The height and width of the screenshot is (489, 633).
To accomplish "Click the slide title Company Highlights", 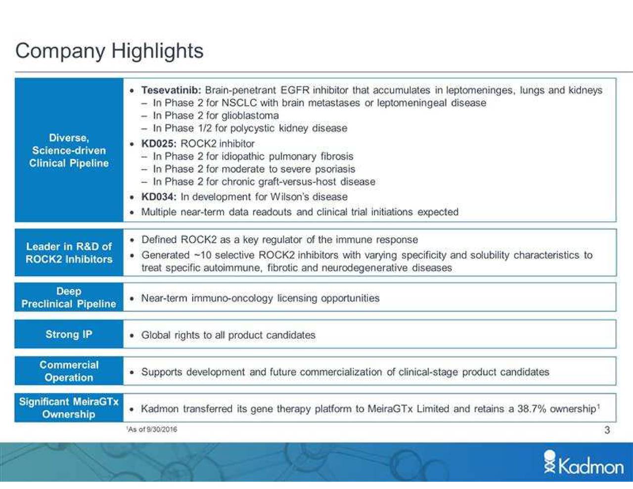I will click(x=109, y=51).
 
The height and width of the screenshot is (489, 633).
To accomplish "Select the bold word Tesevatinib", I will click(x=170, y=90).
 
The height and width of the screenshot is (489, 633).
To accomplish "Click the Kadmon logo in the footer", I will click(x=584, y=464).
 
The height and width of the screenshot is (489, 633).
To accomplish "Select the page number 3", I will click(x=607, y=430).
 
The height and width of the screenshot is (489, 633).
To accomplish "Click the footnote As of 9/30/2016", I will click(x=152, y=429).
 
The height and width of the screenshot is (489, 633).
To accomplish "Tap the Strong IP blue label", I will click(x=69, y=334).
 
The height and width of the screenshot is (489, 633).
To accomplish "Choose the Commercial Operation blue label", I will click(x=69, y=371).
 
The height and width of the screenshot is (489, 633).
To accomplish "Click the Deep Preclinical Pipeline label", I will click(x=69, y=298).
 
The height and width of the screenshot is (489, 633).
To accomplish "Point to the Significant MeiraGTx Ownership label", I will click(x=69, y=408).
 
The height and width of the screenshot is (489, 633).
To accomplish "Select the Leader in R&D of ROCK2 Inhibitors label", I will click(x=69, y=253).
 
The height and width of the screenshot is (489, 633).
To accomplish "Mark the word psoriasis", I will click(x=335, y=169).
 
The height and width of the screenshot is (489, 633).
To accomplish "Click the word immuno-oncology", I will click(x=232, y=298).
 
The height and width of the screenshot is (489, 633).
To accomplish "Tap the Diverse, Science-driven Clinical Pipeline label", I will click(x=69, y=150).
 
